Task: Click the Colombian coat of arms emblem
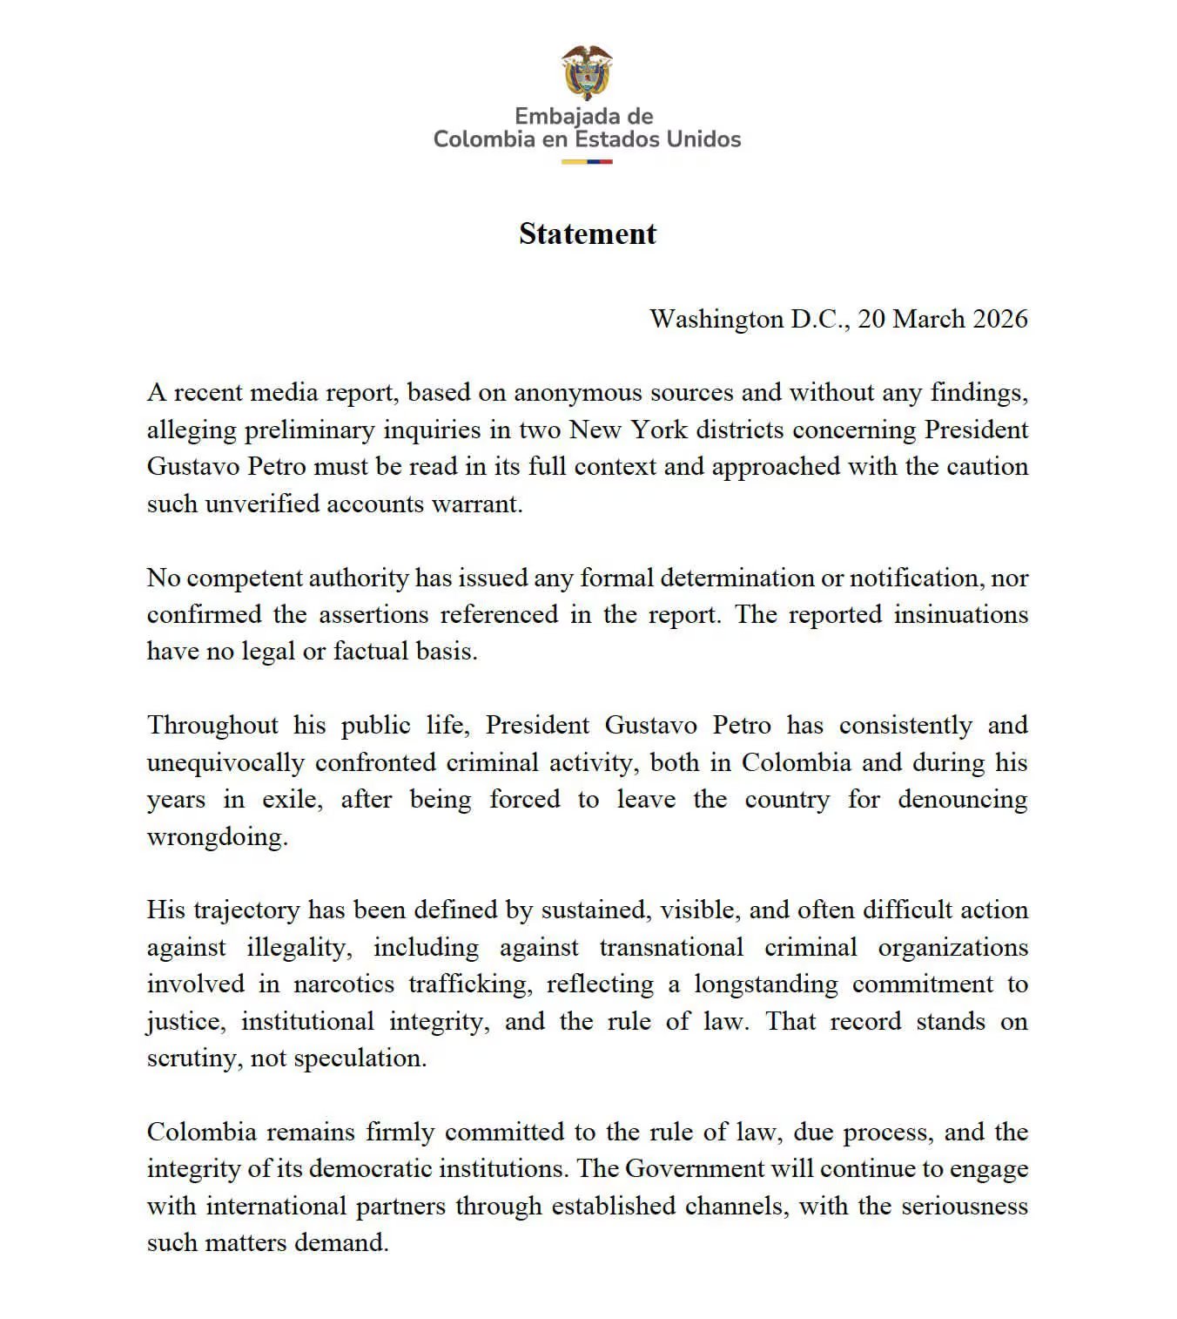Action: point(587,72)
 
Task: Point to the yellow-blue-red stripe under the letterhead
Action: point(587,162)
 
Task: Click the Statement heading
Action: point(588,233)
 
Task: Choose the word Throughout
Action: point(212,725)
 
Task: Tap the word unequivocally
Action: point(225,762)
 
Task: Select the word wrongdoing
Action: point(217,836)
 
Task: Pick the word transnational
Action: point(671,947)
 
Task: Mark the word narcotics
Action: point(344,984)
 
